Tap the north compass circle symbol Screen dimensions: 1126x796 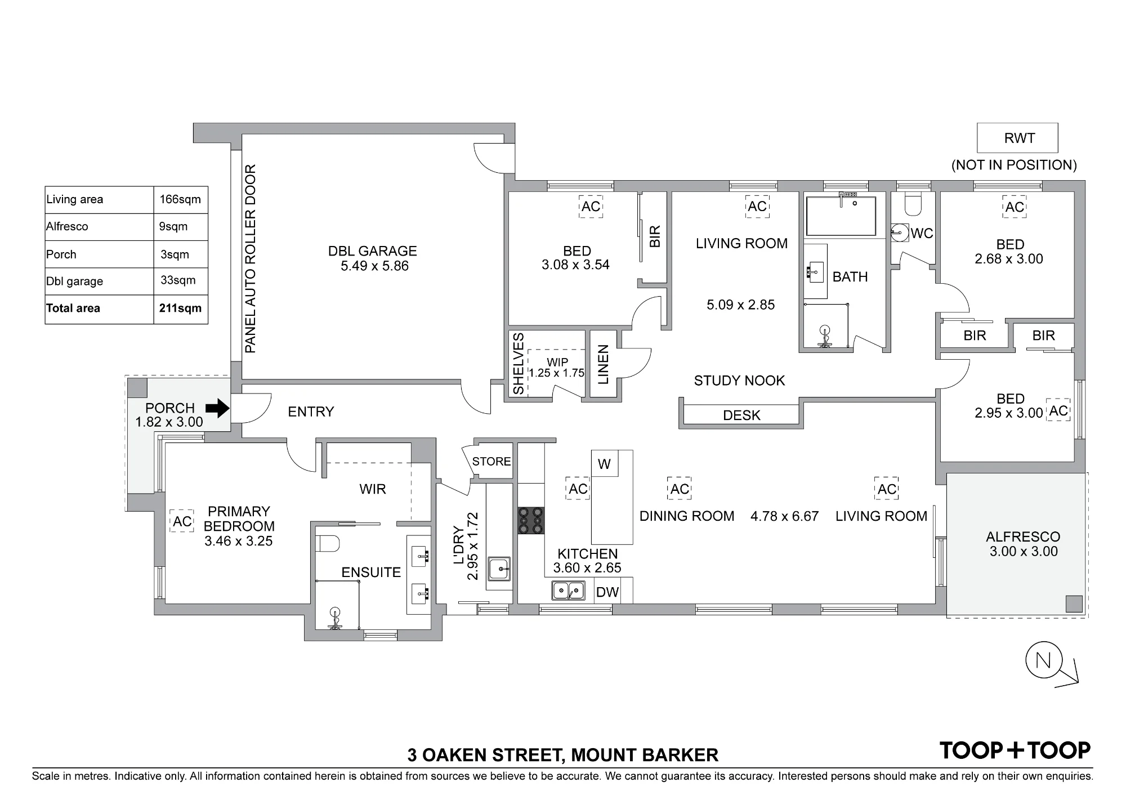click(1043, 660)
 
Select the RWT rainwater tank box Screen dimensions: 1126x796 click(1017, 138)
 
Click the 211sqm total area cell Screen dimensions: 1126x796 click(180, 308)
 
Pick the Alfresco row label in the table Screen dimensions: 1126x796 click(67, 226)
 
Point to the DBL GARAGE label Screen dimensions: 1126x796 click(373, 251)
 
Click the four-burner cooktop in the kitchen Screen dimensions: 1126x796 click(531, 521)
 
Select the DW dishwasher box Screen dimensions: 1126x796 click(607, 592)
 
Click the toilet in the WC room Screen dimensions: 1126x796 click(913, 204)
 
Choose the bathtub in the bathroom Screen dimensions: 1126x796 click(841, 216)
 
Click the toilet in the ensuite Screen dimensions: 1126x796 click(328, 544)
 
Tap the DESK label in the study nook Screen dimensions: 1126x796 click(741, 415)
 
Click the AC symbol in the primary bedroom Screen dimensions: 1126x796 click(182, 522)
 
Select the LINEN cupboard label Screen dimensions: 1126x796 click(604, 365)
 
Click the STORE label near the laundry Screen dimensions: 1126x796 click(491, 462)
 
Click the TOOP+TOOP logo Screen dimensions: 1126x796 click(1015, 750)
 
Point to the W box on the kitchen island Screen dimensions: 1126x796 click(604, 464)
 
